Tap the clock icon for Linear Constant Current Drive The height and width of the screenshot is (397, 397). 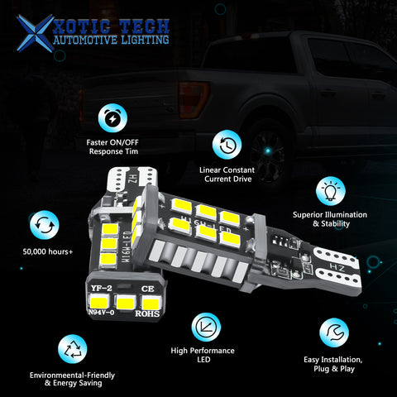pyautogui.click(x=227, y=146)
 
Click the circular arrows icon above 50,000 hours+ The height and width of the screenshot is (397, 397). pyautogui.click(x=42, y=225)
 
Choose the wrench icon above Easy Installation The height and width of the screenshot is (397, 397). pyautogui.click(x=335, y=332)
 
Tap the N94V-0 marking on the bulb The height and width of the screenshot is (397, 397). pyautogui.click(x=101, y=313)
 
